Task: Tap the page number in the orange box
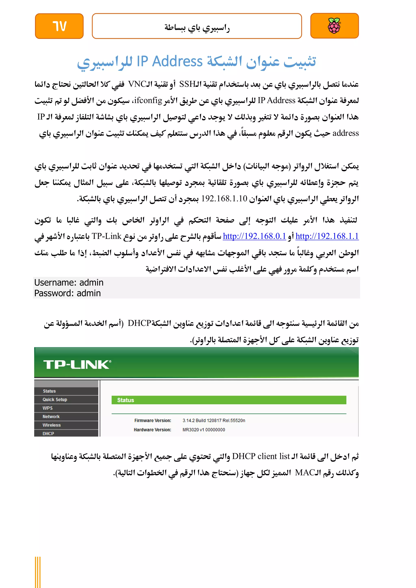pos(60,26)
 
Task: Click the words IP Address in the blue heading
pos(170,62)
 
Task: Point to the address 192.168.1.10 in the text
pos(224,198)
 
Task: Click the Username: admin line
pos(69,282)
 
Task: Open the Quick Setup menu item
pos(55,400)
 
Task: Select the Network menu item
pos(51,416)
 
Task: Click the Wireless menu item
pos(51,425)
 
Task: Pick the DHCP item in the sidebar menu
pos(48,433)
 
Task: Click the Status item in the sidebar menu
pos(49,391)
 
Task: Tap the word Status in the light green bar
pos(126,400)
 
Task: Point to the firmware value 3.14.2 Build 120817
pos(214,420)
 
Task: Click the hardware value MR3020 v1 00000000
pos(204,430)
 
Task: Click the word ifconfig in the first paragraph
pos(148,100)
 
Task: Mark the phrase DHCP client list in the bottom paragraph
pos(261,456)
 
